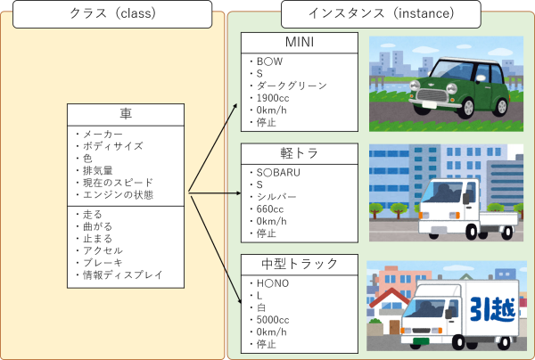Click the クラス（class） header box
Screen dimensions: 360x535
click(111, 13)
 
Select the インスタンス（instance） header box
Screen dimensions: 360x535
click(381, 13)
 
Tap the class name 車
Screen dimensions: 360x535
click(126, 115)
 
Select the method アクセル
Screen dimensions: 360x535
click(101, 251)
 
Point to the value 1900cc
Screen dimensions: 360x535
click(273, 98)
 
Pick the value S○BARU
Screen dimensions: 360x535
click(279, 171)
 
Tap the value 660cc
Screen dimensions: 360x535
click(270, 209)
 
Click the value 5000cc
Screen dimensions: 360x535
click(273, 319)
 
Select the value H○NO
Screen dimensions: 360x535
click(273, 282)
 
